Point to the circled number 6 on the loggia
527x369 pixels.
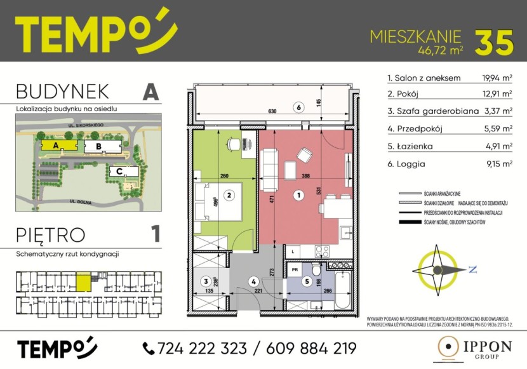(297, 107)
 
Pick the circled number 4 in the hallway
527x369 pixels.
(253, 281)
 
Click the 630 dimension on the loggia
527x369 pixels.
(272, 112)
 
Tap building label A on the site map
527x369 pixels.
(56, 145)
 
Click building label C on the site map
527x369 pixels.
(119, 171)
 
